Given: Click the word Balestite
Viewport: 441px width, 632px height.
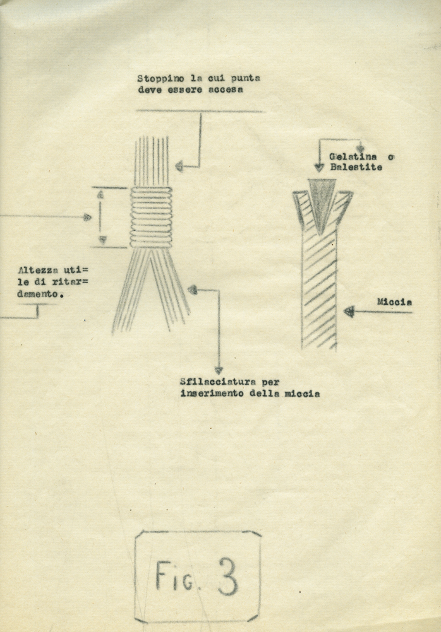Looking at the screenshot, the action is pyautogui.click(x=356, y=167).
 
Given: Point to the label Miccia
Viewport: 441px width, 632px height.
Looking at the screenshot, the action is pyautogui.click(x=394, y=302).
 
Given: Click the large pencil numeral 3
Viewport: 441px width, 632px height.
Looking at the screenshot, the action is pyautogui.click(x=228, y=576).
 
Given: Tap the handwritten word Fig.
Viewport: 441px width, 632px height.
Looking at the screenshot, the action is pyautogui.click(x=174, y=576).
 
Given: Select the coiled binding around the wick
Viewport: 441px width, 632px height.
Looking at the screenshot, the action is pyautogui.click(x=151, y=218).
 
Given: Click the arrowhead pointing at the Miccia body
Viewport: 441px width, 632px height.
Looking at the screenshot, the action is pyautogui.click(x=349, y=312).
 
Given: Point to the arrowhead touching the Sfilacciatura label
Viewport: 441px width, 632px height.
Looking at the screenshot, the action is pyautogui.click(x=219, y=370).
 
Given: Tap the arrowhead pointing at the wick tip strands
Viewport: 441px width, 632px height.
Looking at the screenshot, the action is pyautogui.click(x=179, y=166).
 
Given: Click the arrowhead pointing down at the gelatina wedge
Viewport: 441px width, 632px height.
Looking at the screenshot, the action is pyautogui.click(x=319, y=167).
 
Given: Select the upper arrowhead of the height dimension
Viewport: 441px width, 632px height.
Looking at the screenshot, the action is pyautogui.click(x=100, y=194).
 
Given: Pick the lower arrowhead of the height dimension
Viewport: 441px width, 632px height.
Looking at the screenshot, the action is pyautogui.click(x=102, y=240).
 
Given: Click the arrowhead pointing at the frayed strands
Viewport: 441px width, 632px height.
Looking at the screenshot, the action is pyautogui.click(x=193, y=290).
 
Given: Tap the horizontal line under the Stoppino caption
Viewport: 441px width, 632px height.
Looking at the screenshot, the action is pyautogui.click(x=200, y=111).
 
